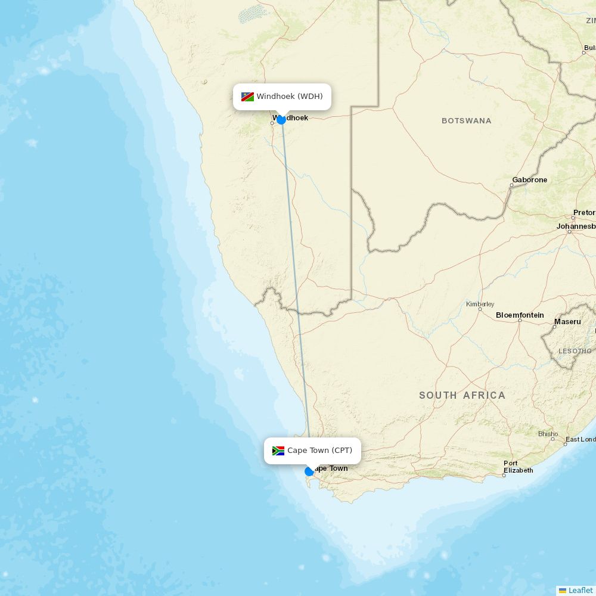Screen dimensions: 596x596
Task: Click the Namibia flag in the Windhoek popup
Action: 247,97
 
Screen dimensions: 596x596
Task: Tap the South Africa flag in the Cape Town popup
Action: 278,451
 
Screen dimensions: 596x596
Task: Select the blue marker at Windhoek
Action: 281,119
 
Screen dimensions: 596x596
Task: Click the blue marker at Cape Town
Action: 309,471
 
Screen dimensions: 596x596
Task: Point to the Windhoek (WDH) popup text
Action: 290,97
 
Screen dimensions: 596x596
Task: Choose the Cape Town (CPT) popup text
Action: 319,451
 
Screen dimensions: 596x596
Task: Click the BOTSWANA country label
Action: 466,121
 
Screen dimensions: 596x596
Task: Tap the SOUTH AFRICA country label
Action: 462,395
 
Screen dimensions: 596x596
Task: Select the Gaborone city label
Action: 529,180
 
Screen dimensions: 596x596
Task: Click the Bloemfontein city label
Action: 520,315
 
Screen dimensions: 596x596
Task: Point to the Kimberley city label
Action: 480,304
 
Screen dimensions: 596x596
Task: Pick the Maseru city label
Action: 567,322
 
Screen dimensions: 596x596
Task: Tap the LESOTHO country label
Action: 575,351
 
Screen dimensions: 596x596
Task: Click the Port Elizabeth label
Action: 518,467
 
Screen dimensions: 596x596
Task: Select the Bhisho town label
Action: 548,434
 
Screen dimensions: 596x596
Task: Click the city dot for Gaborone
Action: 511,185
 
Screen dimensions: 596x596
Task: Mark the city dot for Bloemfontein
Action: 520,321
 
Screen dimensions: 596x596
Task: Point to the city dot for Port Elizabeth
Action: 504,475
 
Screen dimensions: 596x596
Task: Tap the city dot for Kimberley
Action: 480,309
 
